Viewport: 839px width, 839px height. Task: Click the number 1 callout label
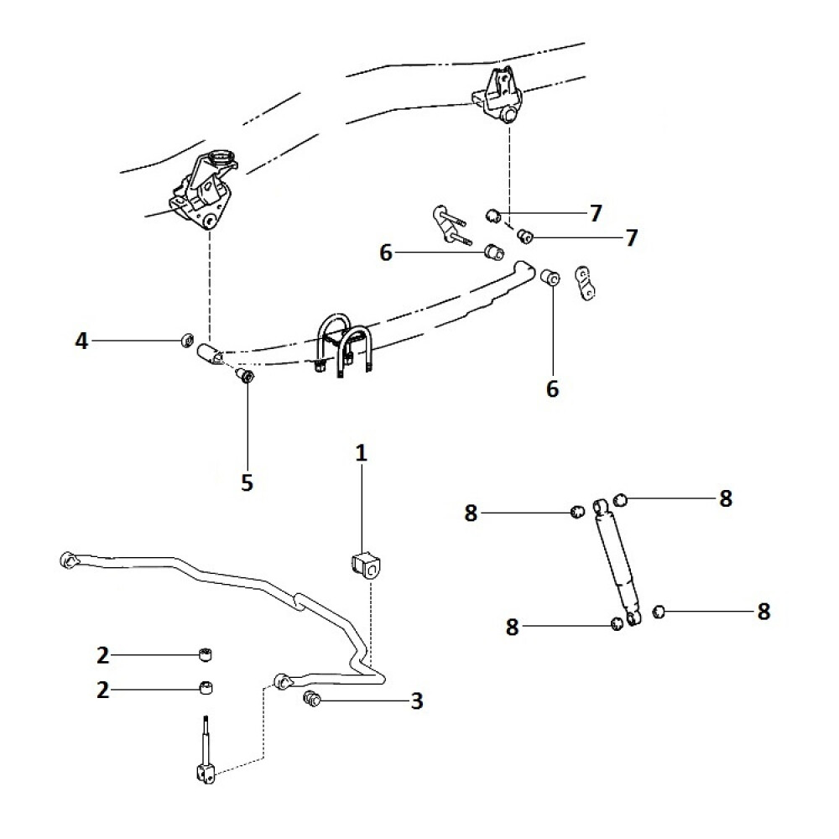click(362, 454)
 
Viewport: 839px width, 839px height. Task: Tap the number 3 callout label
click(417, 701)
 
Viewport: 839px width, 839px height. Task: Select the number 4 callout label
click(81, 341)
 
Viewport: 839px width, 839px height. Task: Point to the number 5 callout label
click(248, 482)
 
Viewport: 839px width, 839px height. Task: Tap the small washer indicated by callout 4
click(187, 341)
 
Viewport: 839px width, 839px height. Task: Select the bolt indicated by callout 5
click(246, 377)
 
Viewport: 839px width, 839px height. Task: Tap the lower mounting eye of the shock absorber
click(634, 619)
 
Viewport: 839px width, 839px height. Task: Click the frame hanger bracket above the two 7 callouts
click(500, 96)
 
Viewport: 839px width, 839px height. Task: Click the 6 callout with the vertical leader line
click(552, 389)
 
